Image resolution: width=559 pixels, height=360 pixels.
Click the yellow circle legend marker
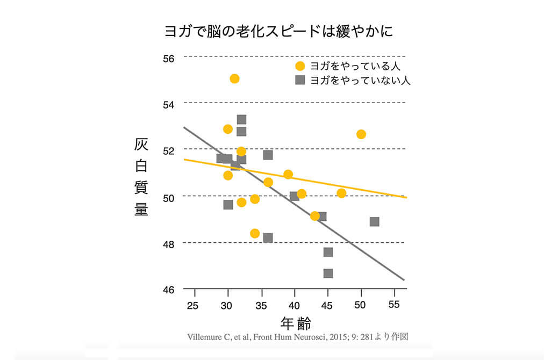point(300,66)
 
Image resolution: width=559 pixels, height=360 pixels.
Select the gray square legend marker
point(300,81)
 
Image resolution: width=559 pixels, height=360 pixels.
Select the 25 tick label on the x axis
point(193,306)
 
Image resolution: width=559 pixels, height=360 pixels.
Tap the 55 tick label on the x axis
point(394,305)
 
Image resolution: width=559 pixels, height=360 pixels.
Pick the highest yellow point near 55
point(234,78)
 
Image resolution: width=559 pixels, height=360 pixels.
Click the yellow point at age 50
point(361,134)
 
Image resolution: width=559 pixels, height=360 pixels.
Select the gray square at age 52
point(375,221)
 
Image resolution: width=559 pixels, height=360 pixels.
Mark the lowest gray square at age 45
point(328,273)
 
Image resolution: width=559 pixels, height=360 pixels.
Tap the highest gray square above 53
point(241,119)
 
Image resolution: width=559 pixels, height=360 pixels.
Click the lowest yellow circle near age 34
point(255,233)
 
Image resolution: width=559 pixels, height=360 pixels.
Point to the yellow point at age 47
point(341,193)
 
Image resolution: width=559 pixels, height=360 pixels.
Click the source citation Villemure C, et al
point(298,337)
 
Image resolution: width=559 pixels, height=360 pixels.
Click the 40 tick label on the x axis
point(294,306)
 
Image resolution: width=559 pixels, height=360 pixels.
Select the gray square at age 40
point(294,196)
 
